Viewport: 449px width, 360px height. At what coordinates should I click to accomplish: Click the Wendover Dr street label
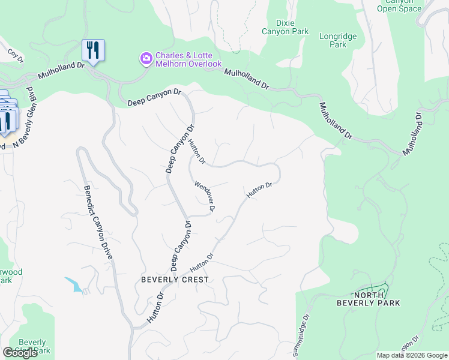click(204, 197)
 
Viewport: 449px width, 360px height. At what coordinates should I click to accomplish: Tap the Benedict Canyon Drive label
click(98, 221)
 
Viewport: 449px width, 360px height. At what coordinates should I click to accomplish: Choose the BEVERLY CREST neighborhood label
click(175, 280)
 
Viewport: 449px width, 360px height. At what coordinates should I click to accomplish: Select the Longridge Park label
click(337, 40)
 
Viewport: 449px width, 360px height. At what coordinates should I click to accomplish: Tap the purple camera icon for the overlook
click(145, 59)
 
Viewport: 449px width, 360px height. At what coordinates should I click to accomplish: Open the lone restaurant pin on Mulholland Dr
click(93, 50)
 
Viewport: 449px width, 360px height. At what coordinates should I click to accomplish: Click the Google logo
click(20, 353)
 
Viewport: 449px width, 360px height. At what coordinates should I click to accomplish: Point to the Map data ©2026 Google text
click(411, 355)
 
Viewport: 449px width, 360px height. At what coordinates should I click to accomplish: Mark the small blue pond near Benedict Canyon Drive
click(76, 285)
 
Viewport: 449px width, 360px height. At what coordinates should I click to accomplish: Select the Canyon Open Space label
click(400, 5)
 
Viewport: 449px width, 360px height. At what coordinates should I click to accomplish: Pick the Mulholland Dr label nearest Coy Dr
click(62, 73)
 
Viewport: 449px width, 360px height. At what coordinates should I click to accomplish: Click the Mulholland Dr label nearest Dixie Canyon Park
click(247, 79)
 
